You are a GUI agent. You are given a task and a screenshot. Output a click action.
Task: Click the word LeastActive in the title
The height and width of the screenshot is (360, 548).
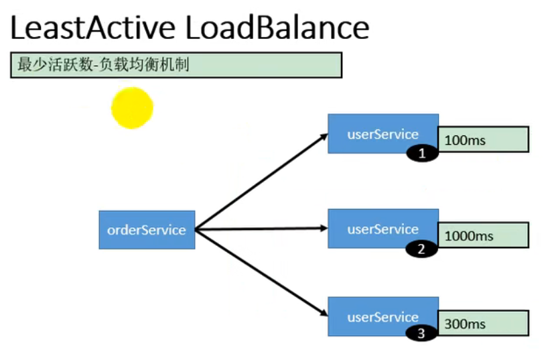pyautogui.click(x=92, y=27)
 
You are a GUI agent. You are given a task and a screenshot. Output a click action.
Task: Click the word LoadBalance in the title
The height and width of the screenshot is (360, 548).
pyautogui.click(x=277, y=27)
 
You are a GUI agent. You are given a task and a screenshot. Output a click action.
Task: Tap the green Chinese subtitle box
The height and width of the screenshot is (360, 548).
pyautogui.click(x=176, y=65)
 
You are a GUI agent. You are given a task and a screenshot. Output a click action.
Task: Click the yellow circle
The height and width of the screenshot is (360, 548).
pyautogui.click(x=132, y=108)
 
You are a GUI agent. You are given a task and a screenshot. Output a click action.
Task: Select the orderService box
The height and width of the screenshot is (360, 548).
pyautogui.click(x=147, y=230)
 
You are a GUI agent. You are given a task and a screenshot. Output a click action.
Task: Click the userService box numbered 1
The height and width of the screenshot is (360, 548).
pyautogui.click(x=383, y=133)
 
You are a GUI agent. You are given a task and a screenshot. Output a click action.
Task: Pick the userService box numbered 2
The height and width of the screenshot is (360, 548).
pyautogui.click(x=383, y=229)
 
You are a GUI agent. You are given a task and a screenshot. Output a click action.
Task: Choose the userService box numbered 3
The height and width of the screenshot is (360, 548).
pyautogui.click(x=383, y=316)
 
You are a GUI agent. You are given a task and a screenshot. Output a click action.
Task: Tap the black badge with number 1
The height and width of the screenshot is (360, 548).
pyautogui.click(x=422, y=154)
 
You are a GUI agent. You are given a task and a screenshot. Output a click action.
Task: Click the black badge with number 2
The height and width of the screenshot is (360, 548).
pyautogui.click(x=421, y=249)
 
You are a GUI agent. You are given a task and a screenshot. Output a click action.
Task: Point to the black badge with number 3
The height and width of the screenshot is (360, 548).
pyautogui.click(x=421, y=333)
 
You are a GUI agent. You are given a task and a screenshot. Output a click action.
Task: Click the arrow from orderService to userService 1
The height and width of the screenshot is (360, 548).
pyautogui.click(x=261, y=182)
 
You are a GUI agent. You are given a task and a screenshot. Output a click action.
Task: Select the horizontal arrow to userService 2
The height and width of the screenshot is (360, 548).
pyautogui.click(x=261, y=229)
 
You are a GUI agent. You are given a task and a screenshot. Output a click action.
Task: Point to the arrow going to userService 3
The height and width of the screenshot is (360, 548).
pyautogui.click(x=261, y=273)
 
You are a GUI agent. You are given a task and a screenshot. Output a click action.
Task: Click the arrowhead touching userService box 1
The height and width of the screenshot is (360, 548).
pyautogui.click(x=324, y=137)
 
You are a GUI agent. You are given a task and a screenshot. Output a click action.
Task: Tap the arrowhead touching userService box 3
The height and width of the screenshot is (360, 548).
pyautogui.click(x=324, y=313)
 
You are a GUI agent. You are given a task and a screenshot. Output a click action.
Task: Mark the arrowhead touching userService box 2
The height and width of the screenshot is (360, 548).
pyautogui.click(x=324, y=229)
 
